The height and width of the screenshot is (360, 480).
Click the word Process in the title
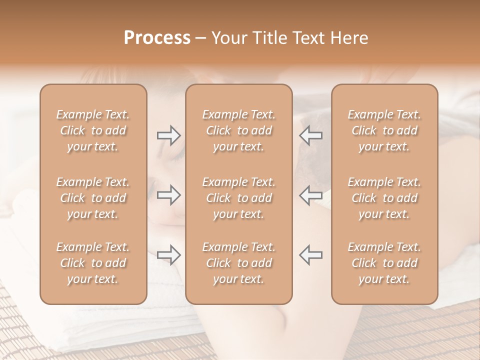click(x=157, y=38)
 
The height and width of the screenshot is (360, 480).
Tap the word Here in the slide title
click(x=349, y=38)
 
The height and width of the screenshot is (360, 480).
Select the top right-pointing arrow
click(x=168, y=135)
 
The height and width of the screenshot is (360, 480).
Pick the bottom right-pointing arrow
click(x=168, y=254)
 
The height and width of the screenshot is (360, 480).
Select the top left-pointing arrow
click(x=311, y=135)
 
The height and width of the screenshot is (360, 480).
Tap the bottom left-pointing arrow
click(x=311, y=254)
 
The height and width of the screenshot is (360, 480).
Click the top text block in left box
click(x=93, y=130)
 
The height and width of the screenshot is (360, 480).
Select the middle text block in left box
click(x=93, y=198)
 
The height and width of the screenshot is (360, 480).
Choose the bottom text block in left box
click(x=93, y=263)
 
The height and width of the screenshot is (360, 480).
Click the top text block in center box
click(x=238, y=130)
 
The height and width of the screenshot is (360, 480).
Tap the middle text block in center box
click(x=238, y=198)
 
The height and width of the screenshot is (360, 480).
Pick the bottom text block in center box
click(x=238, y=263)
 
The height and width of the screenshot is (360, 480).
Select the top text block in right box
click(x=384, y=130)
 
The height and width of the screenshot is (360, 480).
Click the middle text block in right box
click(x=384, y=198)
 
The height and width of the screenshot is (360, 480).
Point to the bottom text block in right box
click(x=384, y=263)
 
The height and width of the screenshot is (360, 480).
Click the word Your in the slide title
click(x=229, y=38)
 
